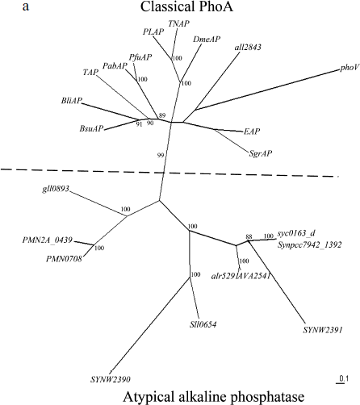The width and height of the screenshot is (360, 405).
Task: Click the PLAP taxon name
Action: pos(152,31)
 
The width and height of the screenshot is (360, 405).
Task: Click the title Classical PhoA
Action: pos(179,8)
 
